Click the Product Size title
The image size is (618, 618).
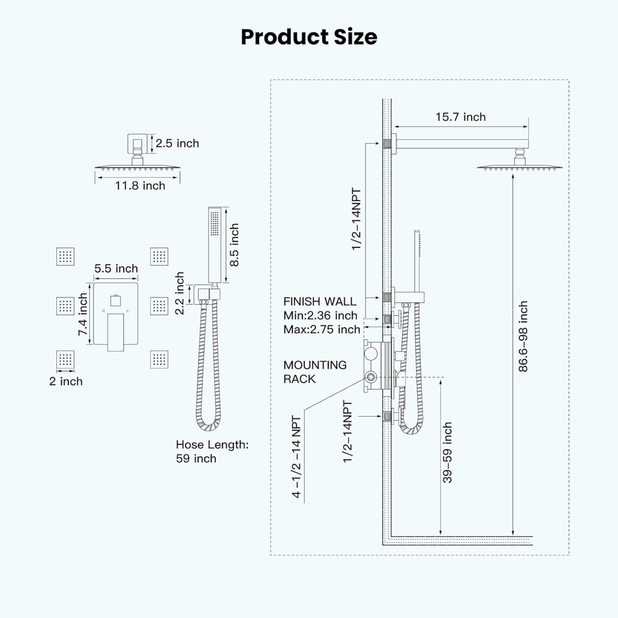pos(309,37)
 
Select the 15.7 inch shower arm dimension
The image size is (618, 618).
pos(460,117)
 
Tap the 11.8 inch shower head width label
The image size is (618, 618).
pos(140,186)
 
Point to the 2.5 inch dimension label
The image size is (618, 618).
pos(177,143)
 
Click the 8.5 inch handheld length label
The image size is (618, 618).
pos(234,245)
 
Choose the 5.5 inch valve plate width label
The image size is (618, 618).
pos(116,269)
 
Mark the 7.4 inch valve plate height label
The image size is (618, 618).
pos(83,314)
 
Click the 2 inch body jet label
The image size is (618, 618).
pos(66,381)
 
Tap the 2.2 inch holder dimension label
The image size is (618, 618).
pos(180,293)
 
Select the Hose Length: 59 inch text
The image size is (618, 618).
pos(212,452)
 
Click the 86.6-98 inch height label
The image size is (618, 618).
pos(523,336)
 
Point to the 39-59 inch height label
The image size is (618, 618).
pos(447,452)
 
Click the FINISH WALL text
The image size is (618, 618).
pos(319,302)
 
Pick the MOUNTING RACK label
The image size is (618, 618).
pos(315,372)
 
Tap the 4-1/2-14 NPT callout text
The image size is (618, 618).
pos(296,457)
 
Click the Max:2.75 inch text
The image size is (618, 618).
pos(322,329)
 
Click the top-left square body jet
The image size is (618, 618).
pos(65,257)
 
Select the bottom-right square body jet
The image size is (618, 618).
pos(159,359)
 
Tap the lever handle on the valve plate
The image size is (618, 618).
pos(115,332)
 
